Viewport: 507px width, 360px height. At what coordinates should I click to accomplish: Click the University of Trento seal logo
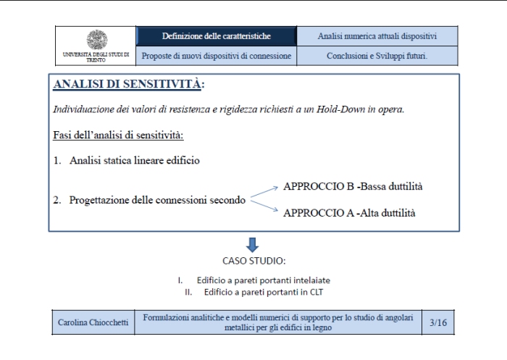96,40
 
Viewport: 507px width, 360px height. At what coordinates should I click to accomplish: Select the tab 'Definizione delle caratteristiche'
216,35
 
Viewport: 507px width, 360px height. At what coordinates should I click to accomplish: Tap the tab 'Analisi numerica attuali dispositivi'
377,35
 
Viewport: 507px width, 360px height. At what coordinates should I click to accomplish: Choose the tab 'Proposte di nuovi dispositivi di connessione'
216,55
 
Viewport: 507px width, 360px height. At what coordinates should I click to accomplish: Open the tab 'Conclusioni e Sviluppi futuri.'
377,55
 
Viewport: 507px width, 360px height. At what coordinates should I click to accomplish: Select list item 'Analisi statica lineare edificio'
135,160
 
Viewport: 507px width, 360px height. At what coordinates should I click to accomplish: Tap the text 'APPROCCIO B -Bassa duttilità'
353,186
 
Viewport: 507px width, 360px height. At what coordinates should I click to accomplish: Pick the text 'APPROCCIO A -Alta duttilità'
349,213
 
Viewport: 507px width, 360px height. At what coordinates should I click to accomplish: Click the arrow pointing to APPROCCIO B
264,192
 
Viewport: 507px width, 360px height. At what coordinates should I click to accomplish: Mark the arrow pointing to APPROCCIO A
264,206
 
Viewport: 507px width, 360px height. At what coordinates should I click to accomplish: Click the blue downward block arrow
253,244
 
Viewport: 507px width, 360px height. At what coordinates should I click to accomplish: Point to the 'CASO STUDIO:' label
253,259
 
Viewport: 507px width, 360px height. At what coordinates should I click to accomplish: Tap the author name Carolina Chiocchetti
93,323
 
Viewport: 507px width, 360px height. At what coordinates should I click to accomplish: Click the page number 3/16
438,323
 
